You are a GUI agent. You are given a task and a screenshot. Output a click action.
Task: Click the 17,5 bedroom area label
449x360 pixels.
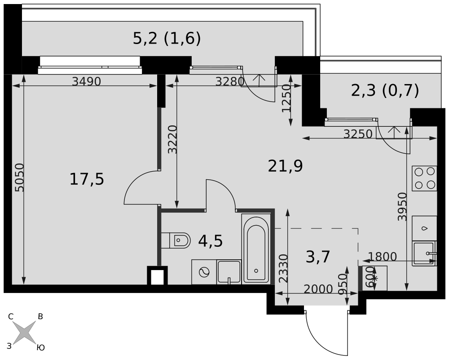click(x=87, y=179)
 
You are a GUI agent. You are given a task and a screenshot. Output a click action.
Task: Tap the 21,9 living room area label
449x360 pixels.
click(x=285, y=166)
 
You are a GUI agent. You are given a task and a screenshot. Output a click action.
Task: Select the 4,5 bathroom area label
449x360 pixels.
click(x=211, y=241)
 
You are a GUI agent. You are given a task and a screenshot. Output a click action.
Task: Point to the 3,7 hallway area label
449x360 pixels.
click(x=318, y=257)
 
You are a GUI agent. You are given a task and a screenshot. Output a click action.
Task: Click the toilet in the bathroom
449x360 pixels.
click(x=176, y=240)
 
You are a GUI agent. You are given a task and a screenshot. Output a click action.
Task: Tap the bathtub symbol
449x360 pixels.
click(x=256, y=249)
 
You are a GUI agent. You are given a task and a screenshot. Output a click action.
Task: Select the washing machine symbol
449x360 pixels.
click(x=204, y=272)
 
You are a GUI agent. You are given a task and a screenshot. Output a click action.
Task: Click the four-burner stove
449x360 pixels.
click(x=424, y=178)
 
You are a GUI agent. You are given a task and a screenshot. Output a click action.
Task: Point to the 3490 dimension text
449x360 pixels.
click(x=87, y=82)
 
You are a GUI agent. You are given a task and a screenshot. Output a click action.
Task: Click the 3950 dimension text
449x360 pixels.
click(x=402, y=207)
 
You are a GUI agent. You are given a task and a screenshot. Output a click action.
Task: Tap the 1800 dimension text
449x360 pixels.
click(x=382, y=257)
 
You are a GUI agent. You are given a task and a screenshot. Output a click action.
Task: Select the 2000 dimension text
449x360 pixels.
click(x=318, y=289)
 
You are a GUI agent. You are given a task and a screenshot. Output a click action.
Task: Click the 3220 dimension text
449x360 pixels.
click(x=172, y=139)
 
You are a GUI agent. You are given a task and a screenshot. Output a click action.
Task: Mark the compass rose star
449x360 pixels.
click(x=25, y=333)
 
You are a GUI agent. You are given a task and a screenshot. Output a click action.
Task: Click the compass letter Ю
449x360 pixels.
click(x=41, y=348)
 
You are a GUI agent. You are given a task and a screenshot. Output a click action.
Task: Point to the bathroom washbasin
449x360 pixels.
click(x=229, y=272)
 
